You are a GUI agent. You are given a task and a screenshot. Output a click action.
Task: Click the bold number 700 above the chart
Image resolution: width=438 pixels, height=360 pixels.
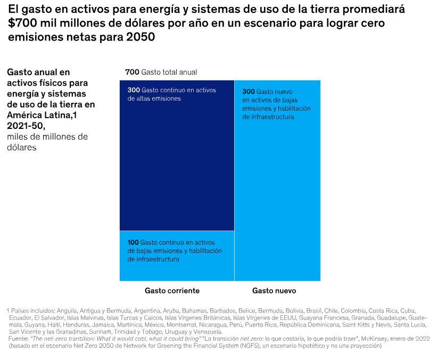point(132,72)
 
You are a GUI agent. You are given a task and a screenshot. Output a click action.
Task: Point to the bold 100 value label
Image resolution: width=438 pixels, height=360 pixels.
point(133,242)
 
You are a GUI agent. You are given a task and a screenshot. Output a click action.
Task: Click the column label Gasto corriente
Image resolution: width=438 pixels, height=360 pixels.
point(172,291)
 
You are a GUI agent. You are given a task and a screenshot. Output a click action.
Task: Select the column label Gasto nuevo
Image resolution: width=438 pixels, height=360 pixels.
point(274,291)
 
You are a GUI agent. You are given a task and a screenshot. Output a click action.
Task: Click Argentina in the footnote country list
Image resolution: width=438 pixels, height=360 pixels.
point(146,310)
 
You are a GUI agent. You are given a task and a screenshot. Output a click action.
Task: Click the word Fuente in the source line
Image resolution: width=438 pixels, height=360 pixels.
point(19,338)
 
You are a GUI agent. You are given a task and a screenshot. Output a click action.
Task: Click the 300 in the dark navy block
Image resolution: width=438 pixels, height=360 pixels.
point(133,90)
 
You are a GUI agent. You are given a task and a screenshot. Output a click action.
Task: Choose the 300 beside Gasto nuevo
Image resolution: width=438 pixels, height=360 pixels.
point(248,91)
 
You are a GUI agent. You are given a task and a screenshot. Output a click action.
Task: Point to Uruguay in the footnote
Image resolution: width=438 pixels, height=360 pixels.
point(178,331)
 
